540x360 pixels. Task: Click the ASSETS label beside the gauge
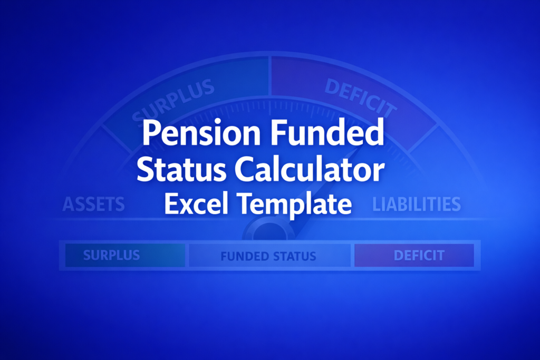[x=94, y=204]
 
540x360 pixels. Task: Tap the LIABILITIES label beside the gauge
[x=417, y=204]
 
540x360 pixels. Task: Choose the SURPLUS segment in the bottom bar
[x=111, y=256]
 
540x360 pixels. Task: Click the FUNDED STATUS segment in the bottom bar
[x=268, y=257]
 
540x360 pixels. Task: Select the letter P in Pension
[x=152, y=135]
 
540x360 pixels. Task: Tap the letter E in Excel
[x=173, y=203]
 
